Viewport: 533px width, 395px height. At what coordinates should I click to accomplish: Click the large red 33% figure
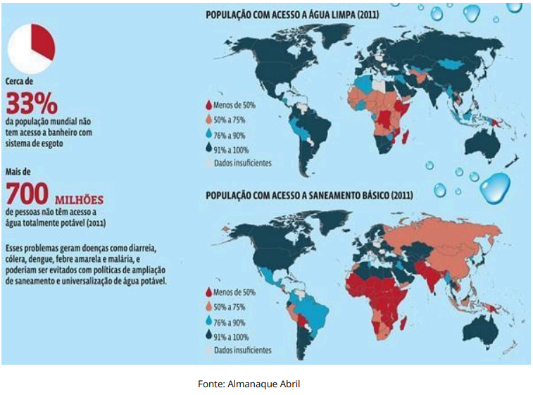32,104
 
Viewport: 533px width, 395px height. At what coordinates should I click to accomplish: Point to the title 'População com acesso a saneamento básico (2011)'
308,194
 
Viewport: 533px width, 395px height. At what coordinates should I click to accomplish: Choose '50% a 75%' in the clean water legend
237,120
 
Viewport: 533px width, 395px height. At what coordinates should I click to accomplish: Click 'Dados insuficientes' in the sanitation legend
244,350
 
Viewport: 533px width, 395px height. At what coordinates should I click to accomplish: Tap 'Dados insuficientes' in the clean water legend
244,163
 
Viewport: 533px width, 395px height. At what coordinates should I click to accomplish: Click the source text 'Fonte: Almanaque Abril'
251,384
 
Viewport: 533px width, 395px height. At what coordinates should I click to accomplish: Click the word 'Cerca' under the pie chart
15,80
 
